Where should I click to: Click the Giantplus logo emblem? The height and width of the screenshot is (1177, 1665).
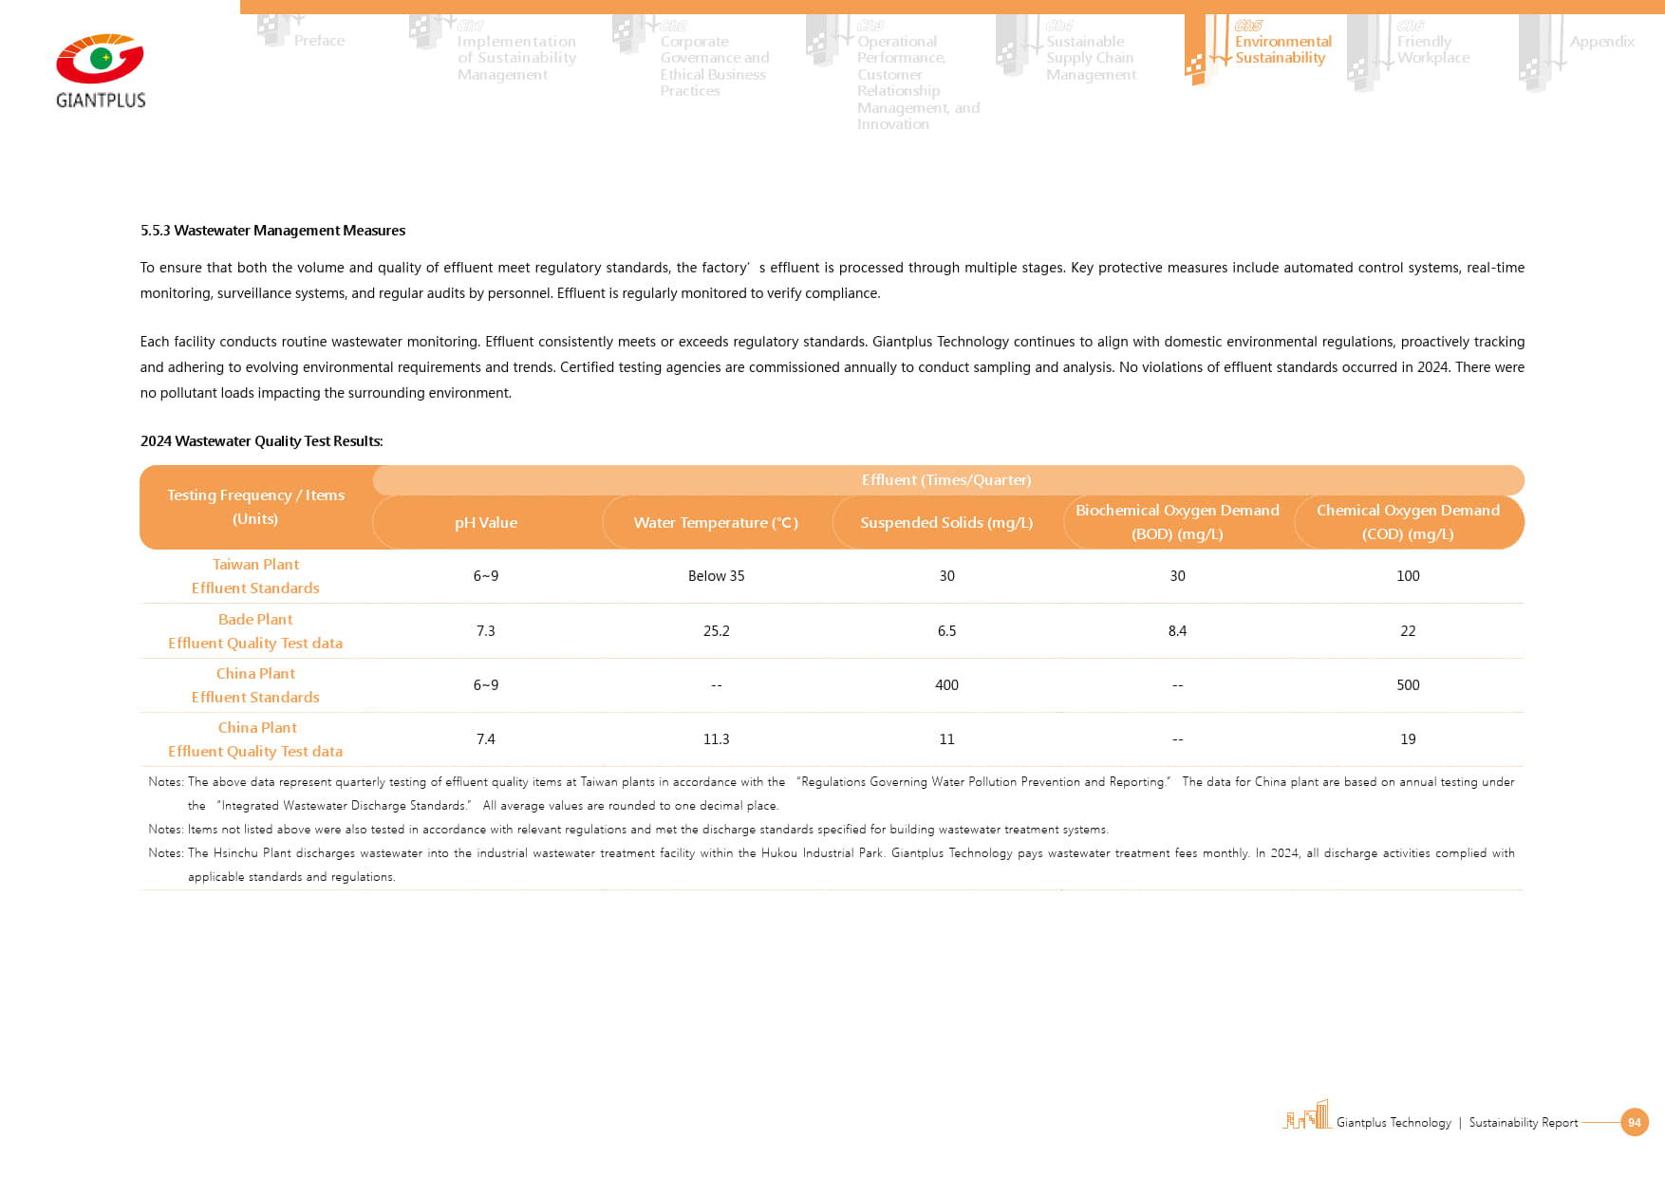(100, 59)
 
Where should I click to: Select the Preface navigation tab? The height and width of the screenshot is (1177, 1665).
(319, 41)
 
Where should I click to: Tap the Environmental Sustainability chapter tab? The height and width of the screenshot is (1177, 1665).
(1281, 49)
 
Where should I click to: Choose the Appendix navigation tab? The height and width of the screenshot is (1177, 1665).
(1601, 42)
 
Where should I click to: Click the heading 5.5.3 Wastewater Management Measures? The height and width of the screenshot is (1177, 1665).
(272, 231)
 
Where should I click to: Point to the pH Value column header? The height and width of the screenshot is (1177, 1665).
(486, 523)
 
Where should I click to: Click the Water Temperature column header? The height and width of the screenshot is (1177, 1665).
(716, 523)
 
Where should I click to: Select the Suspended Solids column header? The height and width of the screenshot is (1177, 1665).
(946, 523)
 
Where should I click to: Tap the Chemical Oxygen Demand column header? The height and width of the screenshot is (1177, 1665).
(1408, 522)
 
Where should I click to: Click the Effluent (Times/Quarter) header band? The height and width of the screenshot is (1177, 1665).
(946, 480)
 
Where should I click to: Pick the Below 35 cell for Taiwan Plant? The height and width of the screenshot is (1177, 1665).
(716, 576)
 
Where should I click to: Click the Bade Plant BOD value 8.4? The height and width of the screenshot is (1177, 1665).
(1177, 631)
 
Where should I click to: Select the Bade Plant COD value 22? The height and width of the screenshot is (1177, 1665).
(1408, 631)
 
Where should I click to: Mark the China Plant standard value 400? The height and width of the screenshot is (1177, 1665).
(946, 685)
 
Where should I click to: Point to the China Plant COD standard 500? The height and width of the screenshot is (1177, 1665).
(1408, 685)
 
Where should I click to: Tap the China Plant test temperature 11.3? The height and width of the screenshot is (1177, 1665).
(716, 739)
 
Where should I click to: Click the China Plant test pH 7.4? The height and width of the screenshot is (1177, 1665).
(486, 739)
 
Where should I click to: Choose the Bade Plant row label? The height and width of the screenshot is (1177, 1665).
(255, 631)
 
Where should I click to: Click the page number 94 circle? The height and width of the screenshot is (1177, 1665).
(1634, 1122)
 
